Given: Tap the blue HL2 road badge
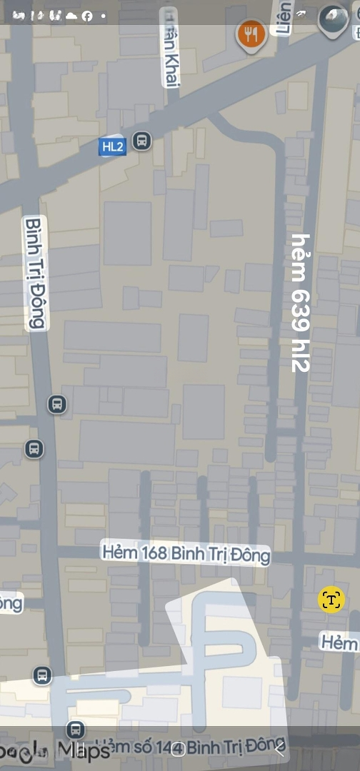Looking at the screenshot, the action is [113, 147].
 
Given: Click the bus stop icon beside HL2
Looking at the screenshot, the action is [142, 141].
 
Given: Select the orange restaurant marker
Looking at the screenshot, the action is [251, 34].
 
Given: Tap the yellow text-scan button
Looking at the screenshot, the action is [331, 600].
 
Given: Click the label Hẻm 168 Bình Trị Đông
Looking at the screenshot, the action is [186, 553].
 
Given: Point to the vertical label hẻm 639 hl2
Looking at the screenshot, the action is [301, 303].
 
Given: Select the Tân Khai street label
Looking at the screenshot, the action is [171, 49].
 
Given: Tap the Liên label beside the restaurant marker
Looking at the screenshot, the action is [284, 18].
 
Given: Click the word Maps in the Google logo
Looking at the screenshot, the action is [84, 751].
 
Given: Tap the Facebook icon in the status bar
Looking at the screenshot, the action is [87, 16].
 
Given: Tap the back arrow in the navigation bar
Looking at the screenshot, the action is [280, 749].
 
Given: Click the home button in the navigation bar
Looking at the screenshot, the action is [180, 749].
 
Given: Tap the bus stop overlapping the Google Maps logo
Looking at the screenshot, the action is [74, 730].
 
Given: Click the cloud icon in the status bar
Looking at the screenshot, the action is [71, 16].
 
